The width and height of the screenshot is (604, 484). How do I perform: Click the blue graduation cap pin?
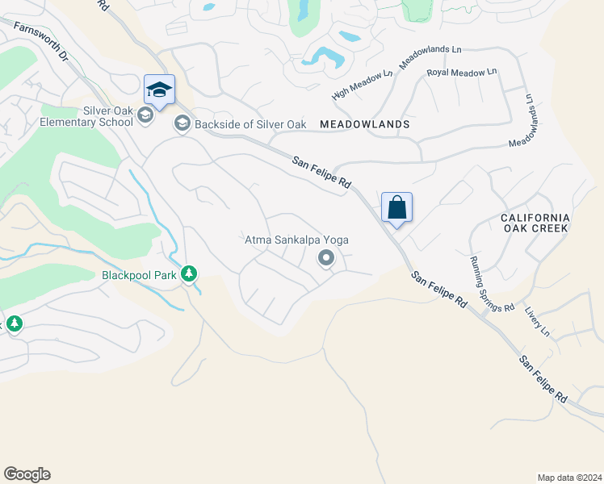point(159,90)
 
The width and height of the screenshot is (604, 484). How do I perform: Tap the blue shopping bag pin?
point(396,207)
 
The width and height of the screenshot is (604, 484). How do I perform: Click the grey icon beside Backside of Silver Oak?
point(182,123)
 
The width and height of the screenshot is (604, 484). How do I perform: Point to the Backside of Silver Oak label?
point(249,124)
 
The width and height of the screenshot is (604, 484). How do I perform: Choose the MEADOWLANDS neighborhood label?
point(365,125)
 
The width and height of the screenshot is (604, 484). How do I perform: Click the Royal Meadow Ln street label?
point(461,73)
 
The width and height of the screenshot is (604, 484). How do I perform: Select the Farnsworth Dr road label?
point(40,41)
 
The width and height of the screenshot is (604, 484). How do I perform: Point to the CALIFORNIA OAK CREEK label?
point(535,223)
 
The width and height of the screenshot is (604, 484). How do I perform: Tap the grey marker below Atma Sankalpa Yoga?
point(326,258)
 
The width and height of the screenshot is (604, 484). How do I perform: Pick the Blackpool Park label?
point(139,274)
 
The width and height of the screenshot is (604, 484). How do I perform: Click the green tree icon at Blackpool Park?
point(189,274)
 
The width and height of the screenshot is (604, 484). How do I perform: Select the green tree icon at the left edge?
point(14,323)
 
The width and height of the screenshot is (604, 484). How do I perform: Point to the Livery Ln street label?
point(536,320)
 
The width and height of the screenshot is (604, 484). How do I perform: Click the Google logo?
point(27,474)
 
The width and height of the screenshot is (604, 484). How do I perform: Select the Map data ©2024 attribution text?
point(568,478)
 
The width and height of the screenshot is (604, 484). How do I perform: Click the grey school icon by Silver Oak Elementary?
point(145,116)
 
